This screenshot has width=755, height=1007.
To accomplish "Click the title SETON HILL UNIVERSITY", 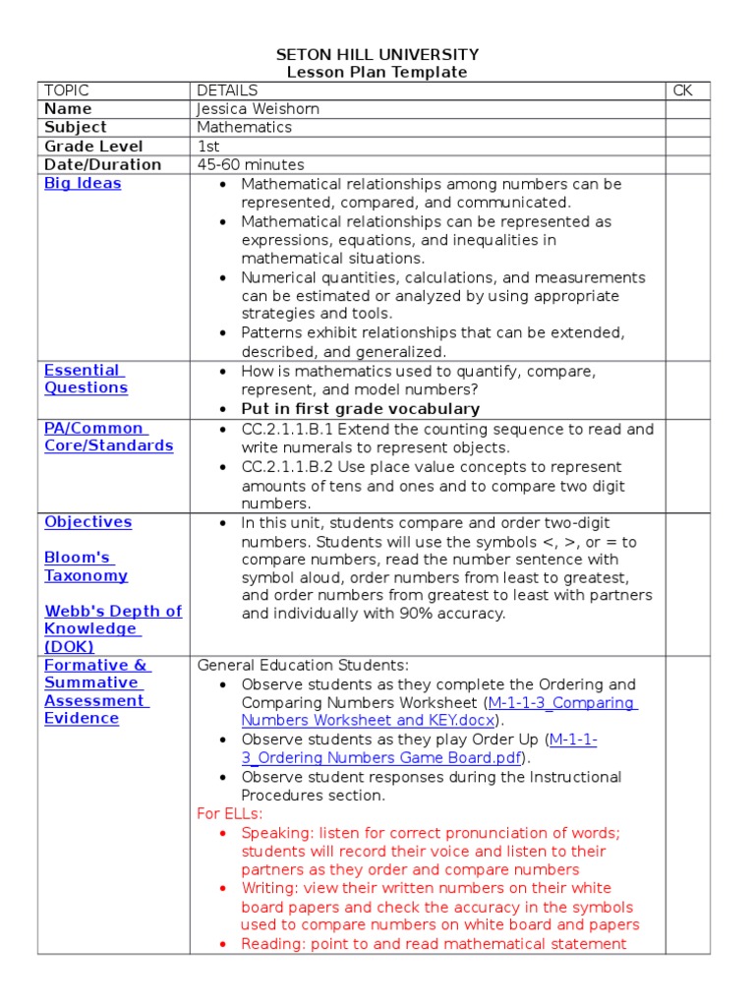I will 377,55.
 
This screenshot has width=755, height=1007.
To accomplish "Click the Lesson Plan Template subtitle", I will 377,73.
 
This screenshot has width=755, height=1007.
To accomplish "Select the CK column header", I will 683,90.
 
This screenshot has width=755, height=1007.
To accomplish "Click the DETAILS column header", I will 227,90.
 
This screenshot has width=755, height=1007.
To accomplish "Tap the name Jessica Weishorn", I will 258,109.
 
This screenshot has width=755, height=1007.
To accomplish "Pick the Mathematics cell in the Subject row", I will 245,128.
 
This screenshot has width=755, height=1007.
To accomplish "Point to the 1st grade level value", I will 208,147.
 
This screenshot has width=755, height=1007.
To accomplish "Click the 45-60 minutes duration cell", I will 251,165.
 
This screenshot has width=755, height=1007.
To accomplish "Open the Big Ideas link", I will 83,184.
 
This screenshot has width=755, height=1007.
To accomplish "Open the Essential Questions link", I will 86,380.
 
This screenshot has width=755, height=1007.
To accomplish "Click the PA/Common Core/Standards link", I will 108,438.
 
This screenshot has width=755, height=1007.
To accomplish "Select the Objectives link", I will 87,522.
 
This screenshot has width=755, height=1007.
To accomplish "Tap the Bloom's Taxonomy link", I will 86,567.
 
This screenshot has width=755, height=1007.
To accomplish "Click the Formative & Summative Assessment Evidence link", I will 95,692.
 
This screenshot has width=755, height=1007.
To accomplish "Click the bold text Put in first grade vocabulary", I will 361,409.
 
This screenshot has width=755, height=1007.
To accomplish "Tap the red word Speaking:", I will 276,833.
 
